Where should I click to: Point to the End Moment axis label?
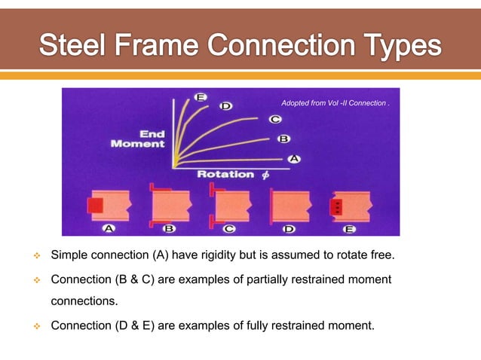tap(138, 139)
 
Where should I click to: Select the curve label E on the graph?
tap(201, 97)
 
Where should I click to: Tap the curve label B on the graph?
tap(284, 139)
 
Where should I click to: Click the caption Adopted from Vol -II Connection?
tap(335, 102)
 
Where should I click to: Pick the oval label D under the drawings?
tap(289, 229)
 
